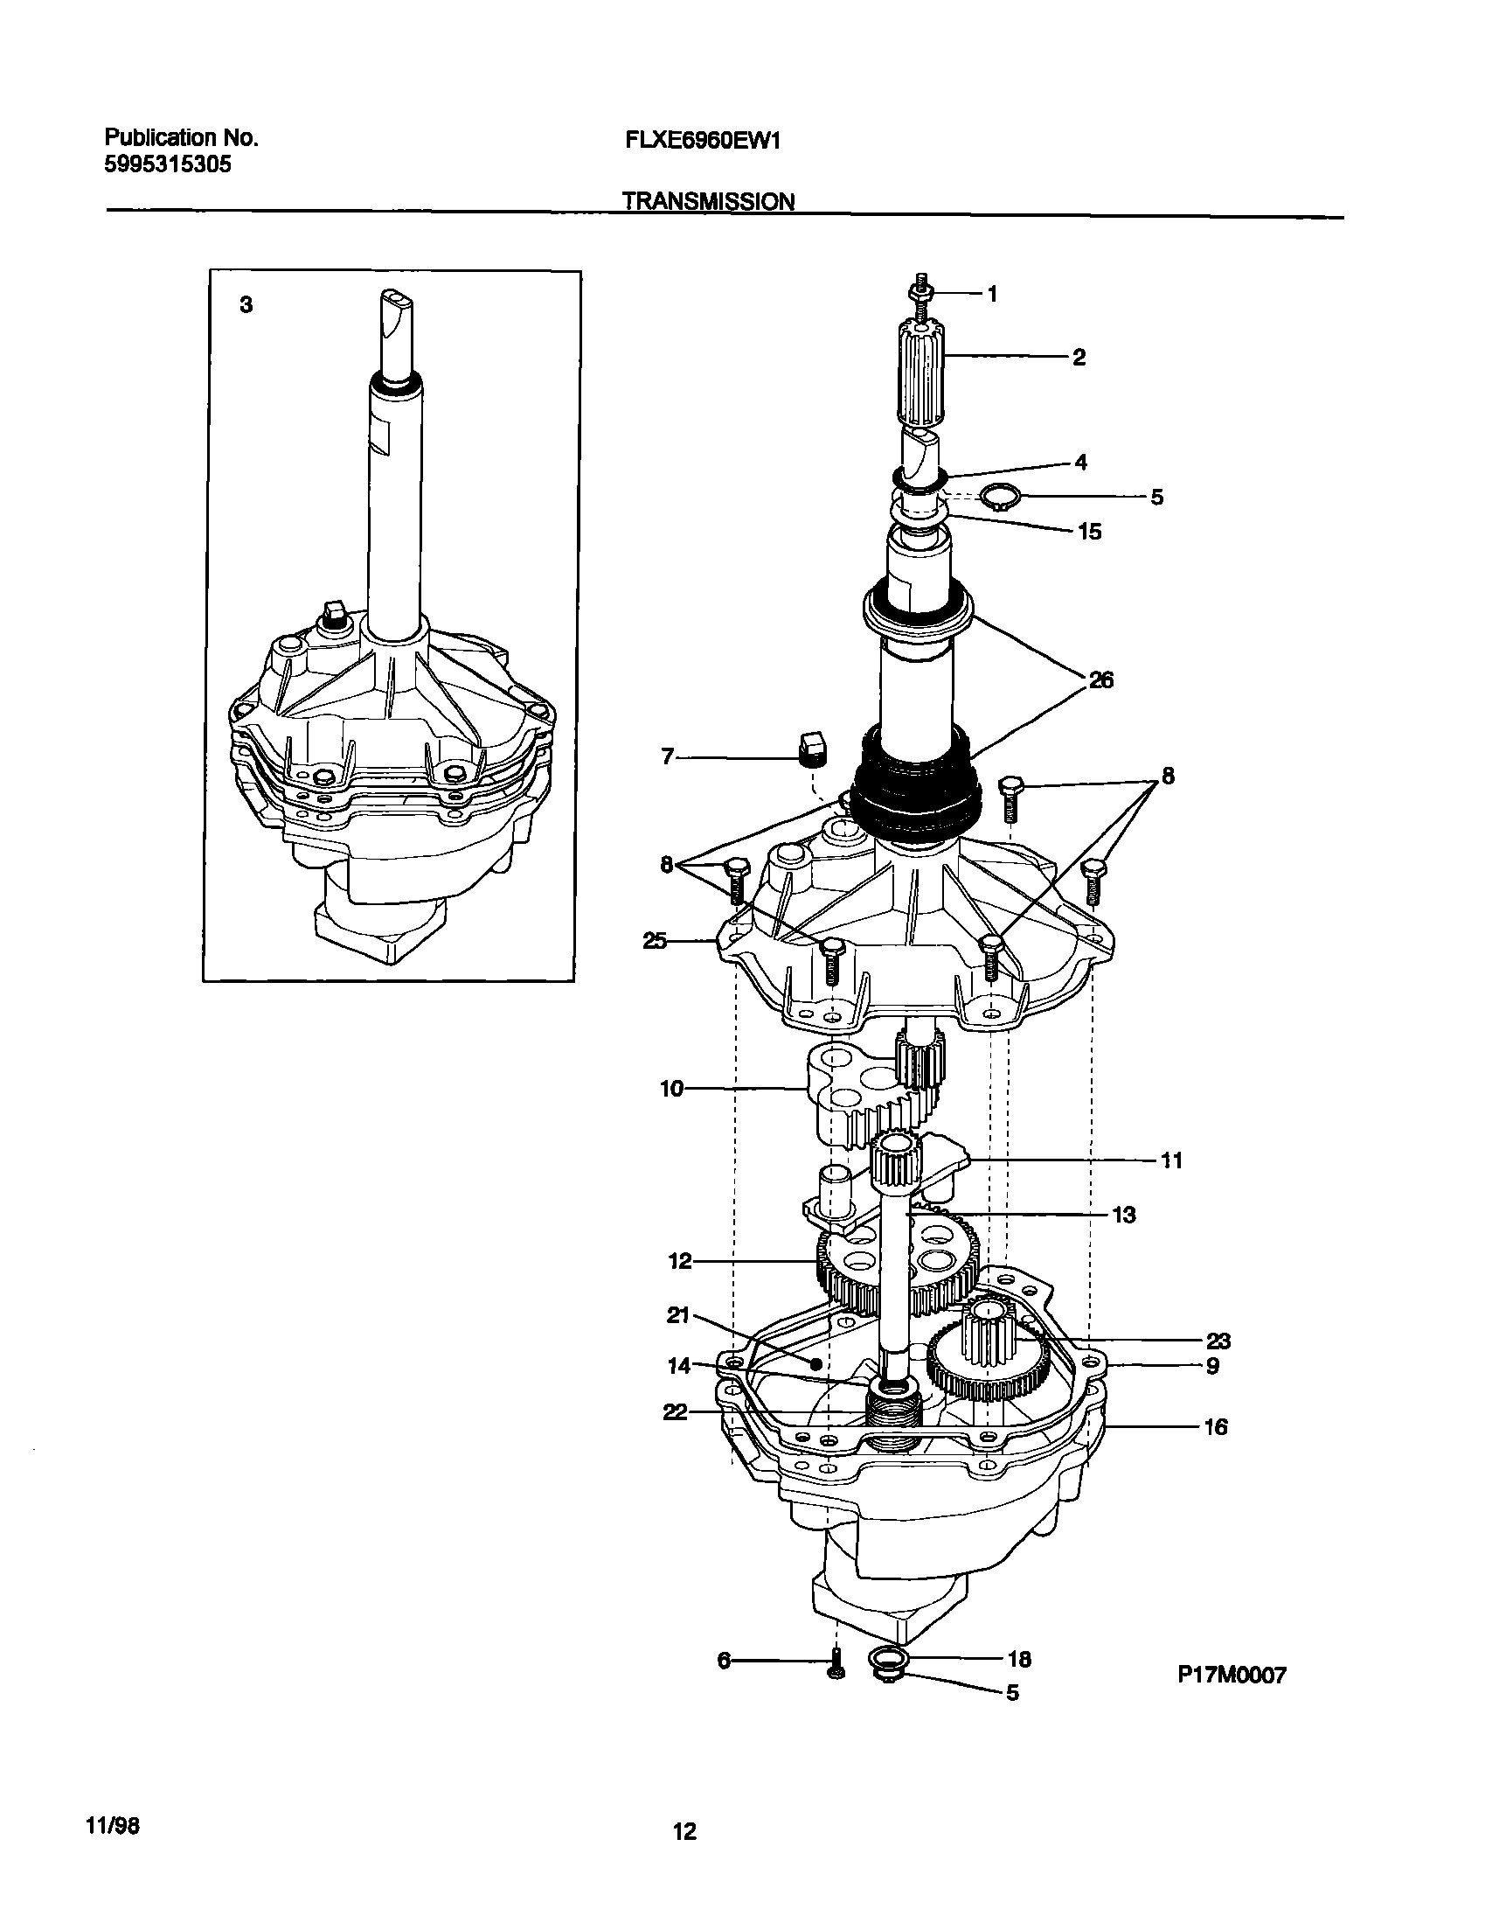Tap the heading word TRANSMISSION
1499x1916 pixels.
click(x=708, y=202)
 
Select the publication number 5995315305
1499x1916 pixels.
click(x=168, y=164)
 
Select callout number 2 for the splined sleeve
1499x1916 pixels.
click(x=1079, y=358)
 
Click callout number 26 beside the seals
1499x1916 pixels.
click(x=1100, y=679)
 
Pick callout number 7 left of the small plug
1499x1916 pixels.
click(x=667, y=756)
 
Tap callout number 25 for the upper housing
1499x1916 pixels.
click(x=655, y=941)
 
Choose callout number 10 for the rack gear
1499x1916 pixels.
click(x=671, y=1090)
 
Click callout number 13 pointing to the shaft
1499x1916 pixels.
click(x=1123, y=1216)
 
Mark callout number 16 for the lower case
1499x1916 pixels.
click(x=1215, y=1427)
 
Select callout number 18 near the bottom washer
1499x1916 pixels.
click(x=1019, y=1659)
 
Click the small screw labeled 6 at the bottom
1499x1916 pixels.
click(x=836, y=1665)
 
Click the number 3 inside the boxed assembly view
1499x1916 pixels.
click(x=246, y=305)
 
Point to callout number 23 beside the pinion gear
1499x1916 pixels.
click(x=1218, y=1341)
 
